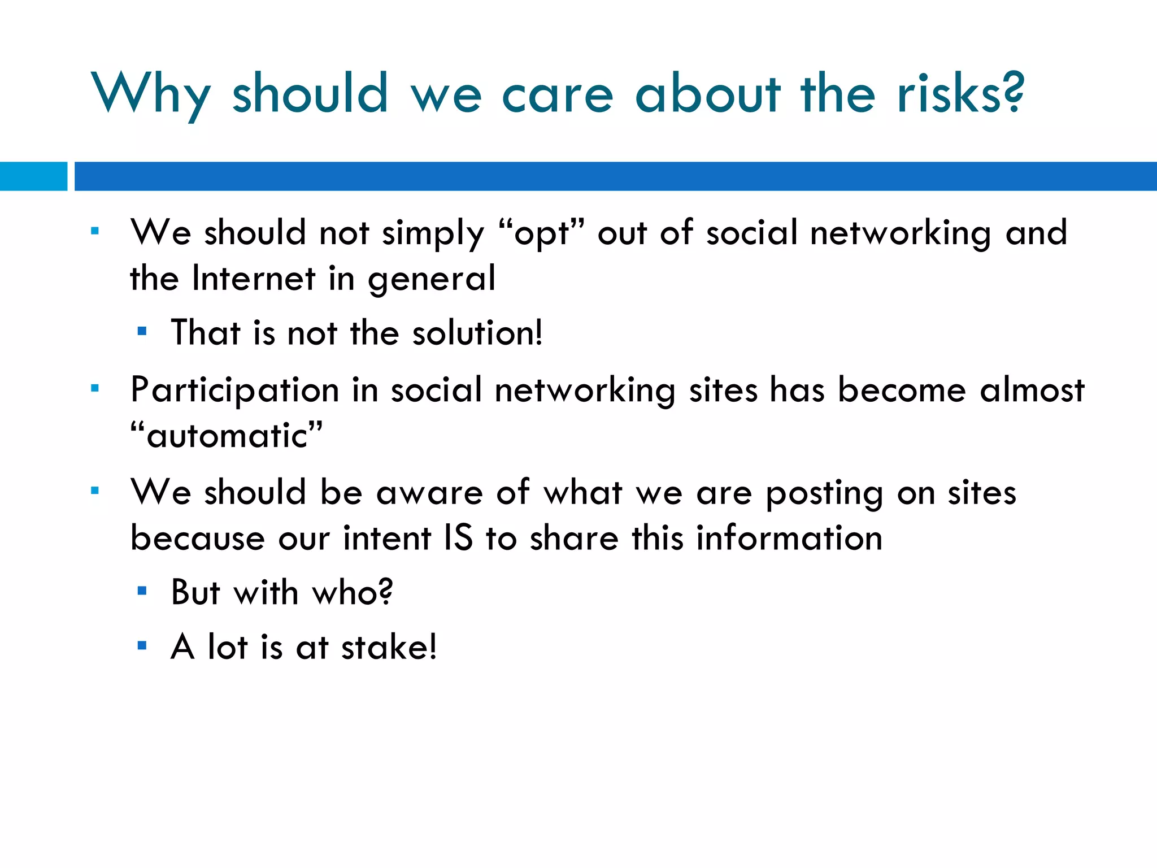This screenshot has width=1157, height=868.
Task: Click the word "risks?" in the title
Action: point(960,93)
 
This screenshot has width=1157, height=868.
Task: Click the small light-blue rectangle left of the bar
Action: point(33,176)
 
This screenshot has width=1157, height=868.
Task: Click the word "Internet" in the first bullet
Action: point(254,278)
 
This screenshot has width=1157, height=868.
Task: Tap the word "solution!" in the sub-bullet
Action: point(477,332)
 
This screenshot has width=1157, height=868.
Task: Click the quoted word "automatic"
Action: point(227,436)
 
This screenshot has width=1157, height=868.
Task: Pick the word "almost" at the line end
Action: point(1032,390)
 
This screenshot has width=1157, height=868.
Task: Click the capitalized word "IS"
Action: point(458,537)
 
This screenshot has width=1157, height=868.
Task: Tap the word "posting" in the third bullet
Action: point(824,493)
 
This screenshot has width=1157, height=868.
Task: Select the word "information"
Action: point(789,537)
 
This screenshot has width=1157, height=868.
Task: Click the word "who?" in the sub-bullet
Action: point(353,593)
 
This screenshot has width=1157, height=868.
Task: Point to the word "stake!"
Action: point(389,647)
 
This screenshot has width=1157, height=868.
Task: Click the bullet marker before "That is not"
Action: point(142,332)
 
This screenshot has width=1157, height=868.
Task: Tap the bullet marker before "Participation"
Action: point(95,388)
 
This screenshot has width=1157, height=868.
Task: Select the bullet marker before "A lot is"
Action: point(142,645)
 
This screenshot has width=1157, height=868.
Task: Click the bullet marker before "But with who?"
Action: point(142,591)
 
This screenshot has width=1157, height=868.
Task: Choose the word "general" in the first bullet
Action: point(432,279)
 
